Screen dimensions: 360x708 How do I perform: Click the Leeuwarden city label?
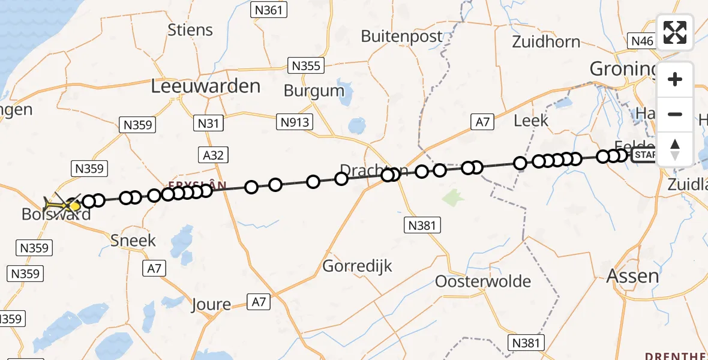point(206,86)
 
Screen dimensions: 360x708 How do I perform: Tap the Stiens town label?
point(190,29)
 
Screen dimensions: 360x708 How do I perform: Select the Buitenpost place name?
point(401,36)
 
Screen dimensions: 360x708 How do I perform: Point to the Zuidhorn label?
point(546,41)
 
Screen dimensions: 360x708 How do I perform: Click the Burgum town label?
point(314,91)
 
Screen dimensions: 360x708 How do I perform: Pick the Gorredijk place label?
point(358,265)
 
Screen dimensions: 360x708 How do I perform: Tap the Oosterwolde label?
point(483,281)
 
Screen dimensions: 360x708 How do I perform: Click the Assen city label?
point(632,276)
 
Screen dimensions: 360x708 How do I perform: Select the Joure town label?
point(211,304)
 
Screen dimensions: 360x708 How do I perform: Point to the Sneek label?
point(133,241)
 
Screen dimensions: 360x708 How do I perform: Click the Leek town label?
point(531,120)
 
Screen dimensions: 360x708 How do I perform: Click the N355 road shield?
point(305,65)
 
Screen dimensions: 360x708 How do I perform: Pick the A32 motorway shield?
point(214,155)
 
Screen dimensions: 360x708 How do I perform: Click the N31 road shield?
point(209,124)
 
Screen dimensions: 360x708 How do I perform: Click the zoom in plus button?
point(675,79)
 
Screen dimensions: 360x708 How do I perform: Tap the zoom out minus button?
point(675,114)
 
